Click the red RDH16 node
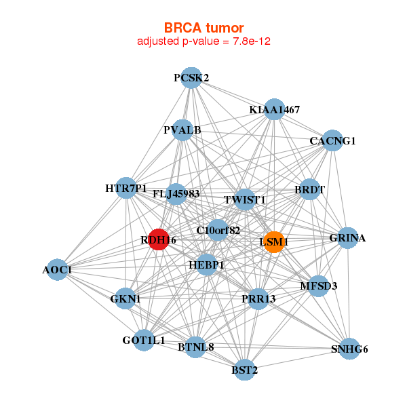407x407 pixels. pyautogui.click(x=158, y=239)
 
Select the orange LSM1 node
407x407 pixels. pyautogui.click(x=273, y=242)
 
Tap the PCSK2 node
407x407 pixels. pyautogui.click(x=191, y=78)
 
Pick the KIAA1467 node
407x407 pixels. pyautogui.click(x=274, y=110)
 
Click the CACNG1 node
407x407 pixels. pyautogui.click(x=332, y=141)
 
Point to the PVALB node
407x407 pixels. pyautogui.click(x=182, y=130)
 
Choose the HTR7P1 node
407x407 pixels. pyautogui.click(x=126, y=188)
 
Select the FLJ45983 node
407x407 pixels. pyautogui.click(x=176, y=194)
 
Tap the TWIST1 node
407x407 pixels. pyautogui.click(x=244, y=200)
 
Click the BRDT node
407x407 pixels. pyautogui.click(x=309, y=191)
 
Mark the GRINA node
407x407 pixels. pyautogui.click(x=347, y=238)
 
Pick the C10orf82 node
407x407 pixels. pyautogui.click(x=218, y=231)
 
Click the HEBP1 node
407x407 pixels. pyautogui.click(x=206, y=264)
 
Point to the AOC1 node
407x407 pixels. pyautogui.click(x=57, y=270)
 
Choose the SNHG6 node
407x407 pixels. pyautogui.click(x=349, y=349)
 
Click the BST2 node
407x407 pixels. pyautogui.click(x=244, y=370)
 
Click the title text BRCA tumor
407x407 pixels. pyautogui.click(x=203, y=28)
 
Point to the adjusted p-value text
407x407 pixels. pyautogui.click(x=204, y=41)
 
